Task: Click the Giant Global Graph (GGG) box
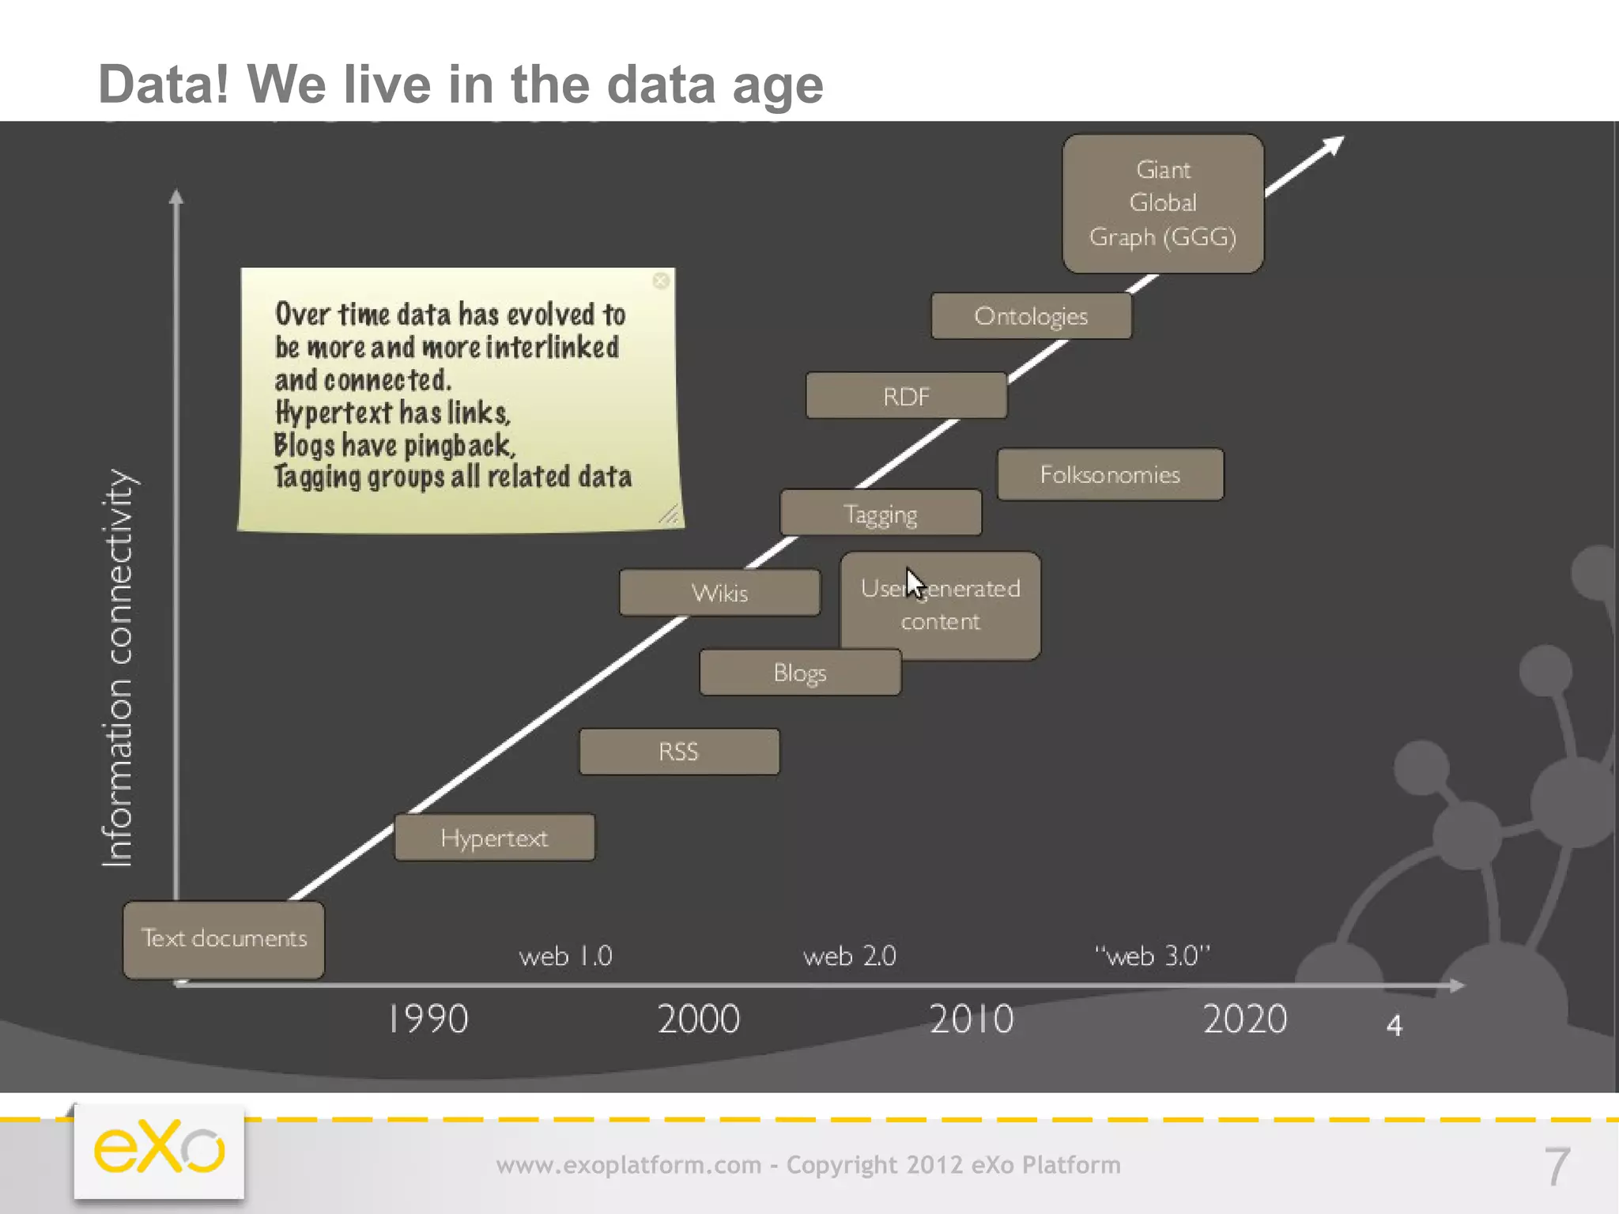tap(1162, 204)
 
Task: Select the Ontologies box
tap(1031, 316)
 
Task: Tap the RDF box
tap(906, 396)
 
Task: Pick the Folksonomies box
tap(1110, 474)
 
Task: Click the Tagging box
tap(880, 514)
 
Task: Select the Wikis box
tap(719, 593)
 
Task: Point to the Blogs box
tap(799, 673)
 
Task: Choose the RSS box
tap(678, 752)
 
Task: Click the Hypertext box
tap(494, 838)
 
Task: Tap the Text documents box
tap(224, 939)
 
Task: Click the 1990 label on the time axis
tap(428, 1019)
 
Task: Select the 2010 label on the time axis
tap(971, 1019)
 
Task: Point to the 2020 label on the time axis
tap(1244, 1019)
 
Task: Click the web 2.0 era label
tap(849, 956)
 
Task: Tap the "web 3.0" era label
tap(1152, 956)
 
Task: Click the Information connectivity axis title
tap(119, 668)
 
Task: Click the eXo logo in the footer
tap(159, 1150)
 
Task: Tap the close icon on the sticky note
tap(661, 281)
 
